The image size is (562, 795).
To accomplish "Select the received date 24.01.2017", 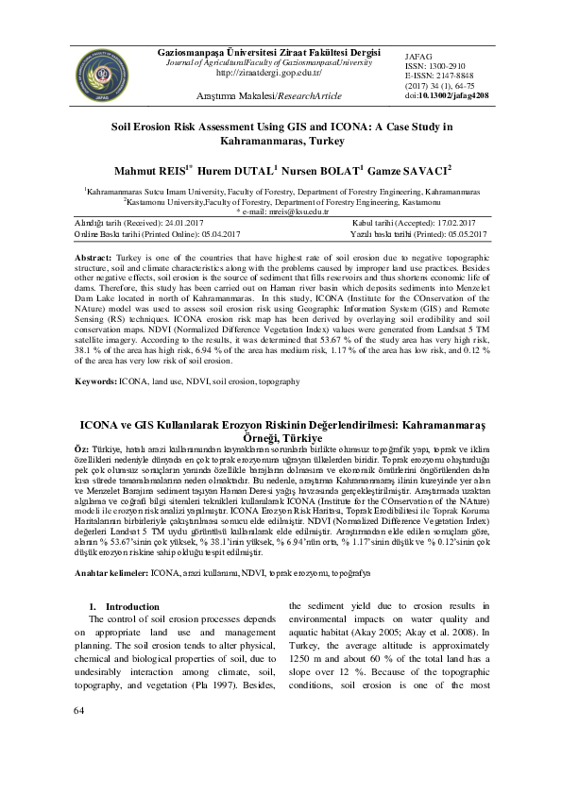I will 188,222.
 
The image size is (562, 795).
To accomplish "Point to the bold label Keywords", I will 98,407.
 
